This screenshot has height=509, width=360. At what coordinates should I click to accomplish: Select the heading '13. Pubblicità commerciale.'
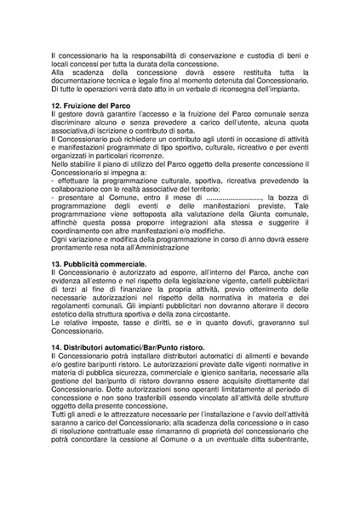point(100,266)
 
